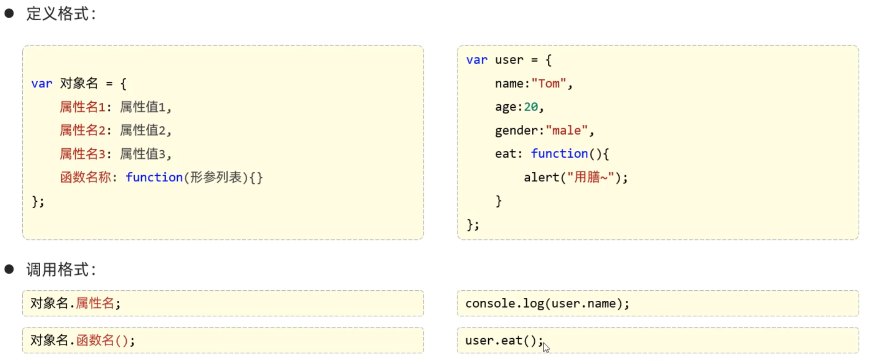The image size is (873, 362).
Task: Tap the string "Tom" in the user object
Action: tap(549, 84)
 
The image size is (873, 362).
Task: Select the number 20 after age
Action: tap(531, 107)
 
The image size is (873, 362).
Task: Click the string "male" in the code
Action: tap(567, 130)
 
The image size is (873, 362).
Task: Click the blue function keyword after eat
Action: tap(559, 154)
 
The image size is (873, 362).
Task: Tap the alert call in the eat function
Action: tap(542, 177)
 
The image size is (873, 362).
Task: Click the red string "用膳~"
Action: tap(590, 177)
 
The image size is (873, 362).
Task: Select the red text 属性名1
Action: tap(82, 107)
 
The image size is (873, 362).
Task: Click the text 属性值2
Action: tap(143, 130)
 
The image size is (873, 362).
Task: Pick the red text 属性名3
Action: tap(82, 154)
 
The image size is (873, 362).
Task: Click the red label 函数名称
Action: tap(85, 177)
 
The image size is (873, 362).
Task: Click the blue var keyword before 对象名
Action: tap(42, 84)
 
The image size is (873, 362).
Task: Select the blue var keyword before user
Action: tap(477, 60)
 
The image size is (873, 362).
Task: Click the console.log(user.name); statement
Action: tap(547, 304)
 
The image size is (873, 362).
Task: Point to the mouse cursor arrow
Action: tap(546, 347)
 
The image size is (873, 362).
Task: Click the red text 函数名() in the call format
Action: tap(102, 340)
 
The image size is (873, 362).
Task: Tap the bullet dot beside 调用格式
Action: tap(9, 269)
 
